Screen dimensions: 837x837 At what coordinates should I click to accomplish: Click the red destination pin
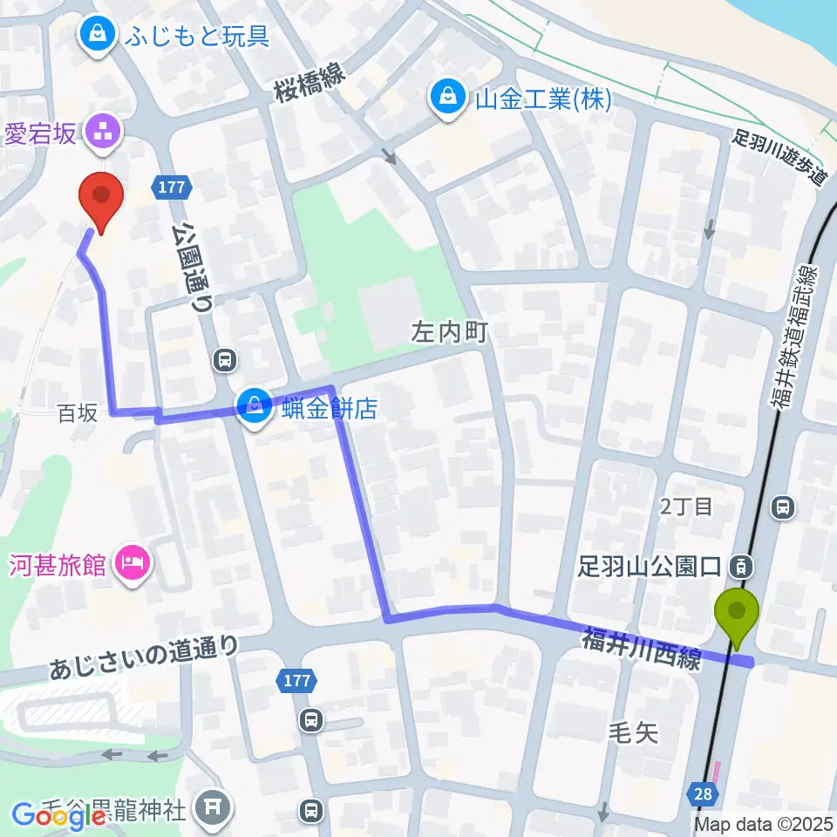pyautogui.click(x=100, y=199)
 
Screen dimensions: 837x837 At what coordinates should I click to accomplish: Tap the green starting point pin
pyautogui.click(x=737, y=614)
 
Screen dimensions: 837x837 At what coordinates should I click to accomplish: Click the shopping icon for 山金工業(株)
pyautogui.click(x=448, y=99)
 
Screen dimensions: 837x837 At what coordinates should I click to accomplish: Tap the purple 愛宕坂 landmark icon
pyautogui.click(x=105, y=133)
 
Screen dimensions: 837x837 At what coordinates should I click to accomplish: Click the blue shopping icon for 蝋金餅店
pyautogui.click(x=254, y=407)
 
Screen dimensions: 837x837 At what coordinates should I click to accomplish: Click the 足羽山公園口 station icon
pyautogui.click(x=742, y=567)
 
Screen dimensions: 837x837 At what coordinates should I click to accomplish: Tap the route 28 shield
pyautogui.click(x=704, y=794)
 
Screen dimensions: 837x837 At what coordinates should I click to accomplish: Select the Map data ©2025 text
pyautogui.click(x=764, y=823)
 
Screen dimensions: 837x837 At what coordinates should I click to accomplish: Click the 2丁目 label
pyautogui.click(x=689, y=505)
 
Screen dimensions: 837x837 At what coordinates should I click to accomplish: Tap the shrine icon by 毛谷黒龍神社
pyautogui.click(x=212, y=807)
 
